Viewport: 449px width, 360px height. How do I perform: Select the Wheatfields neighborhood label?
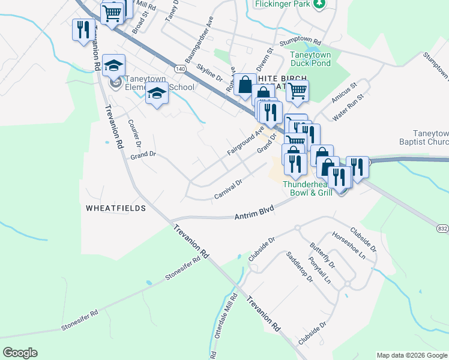116,208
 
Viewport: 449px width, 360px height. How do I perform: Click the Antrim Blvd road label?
254,212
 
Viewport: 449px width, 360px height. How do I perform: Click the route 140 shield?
181,69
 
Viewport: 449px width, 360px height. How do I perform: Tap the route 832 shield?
442,229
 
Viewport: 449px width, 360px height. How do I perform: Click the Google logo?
20,353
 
